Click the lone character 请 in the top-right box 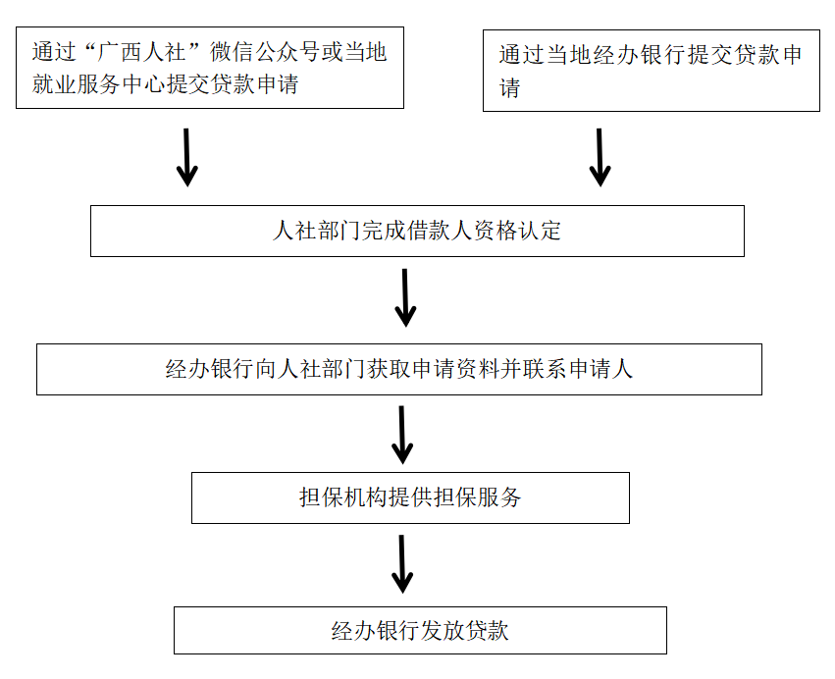[509, 89]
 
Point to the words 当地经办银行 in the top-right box [604, 55]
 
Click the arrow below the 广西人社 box [186, 156]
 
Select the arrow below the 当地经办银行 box [600, 156]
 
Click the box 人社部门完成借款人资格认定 [417, 231]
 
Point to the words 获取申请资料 [432, 369]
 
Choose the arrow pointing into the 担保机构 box [402, 435]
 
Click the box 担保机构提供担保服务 [409, 497]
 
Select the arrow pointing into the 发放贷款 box [402, 563]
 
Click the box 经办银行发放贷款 [420, 630]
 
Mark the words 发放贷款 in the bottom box [465, 630]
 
